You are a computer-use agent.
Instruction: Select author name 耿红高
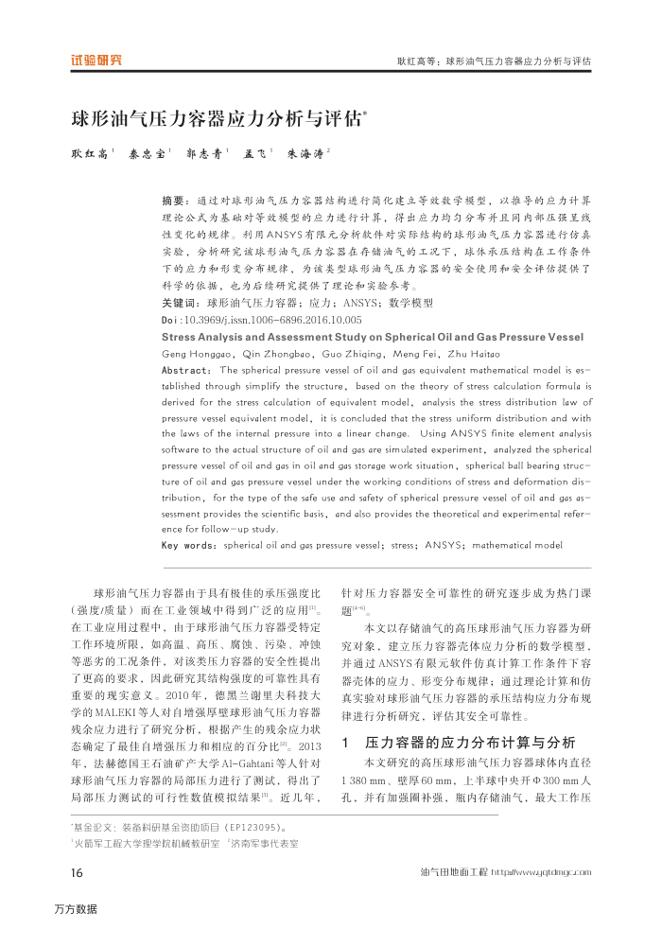(x=89, y=152)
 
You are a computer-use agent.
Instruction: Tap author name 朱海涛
(x=304, y=152)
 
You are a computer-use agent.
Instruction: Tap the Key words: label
(x=188, y=545)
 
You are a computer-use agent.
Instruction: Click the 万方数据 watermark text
(x=76, y=909)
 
